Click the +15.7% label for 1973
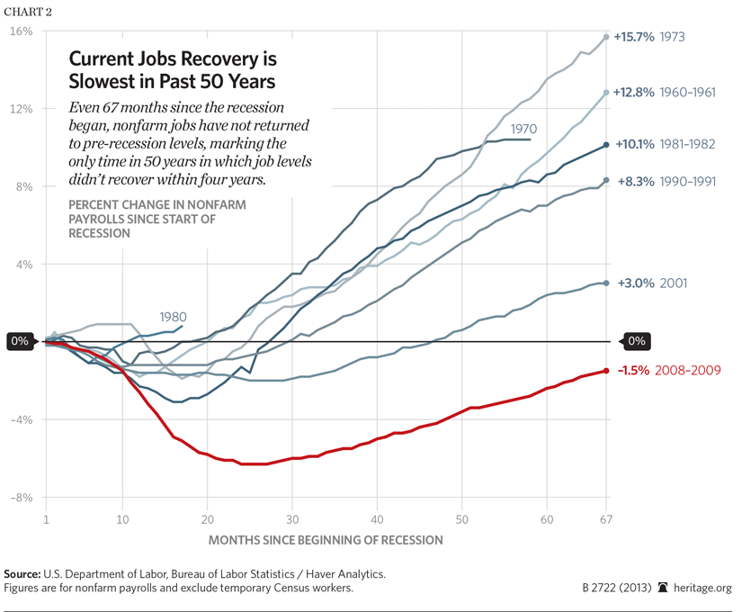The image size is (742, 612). (633, 37)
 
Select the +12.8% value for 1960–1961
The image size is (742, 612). (633, 92)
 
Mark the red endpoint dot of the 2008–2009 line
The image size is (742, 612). (606, 371)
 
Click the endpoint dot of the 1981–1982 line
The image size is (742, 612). (606, 144)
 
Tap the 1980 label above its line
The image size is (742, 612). (174, 317)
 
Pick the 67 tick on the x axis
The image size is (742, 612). (606, 519)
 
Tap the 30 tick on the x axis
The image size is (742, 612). (292, 519)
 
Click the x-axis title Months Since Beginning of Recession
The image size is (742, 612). (326, 540)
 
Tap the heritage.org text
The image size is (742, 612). (706, 589)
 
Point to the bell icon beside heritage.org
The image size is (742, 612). (664, 588)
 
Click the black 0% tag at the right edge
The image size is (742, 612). (636, 342)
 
